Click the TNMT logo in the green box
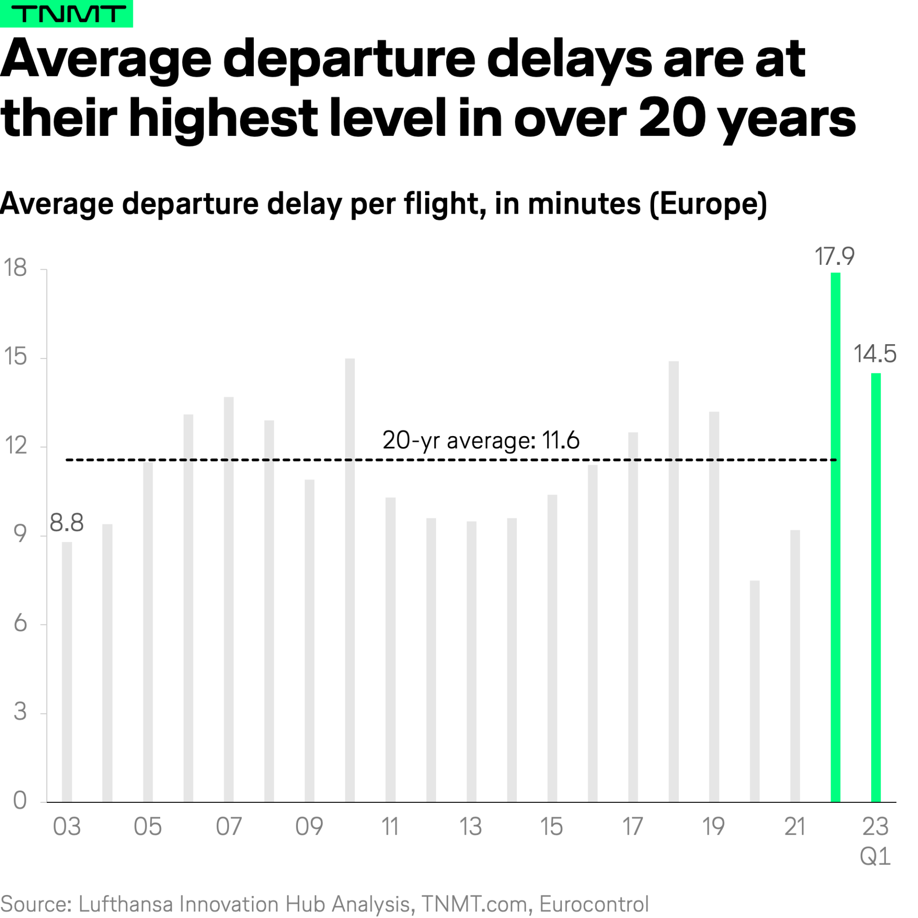[66, 14]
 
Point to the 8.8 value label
[66, 523]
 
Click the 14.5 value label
[874, 354]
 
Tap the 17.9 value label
[834, 257]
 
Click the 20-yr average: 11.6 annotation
[481, 440]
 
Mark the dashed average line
[287, 460]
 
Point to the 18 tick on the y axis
[15, 268]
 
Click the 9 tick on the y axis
[20, 534]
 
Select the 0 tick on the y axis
[20, 800]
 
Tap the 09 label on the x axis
[309, 827]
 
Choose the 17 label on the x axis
[632, 827]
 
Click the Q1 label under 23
[875, 856]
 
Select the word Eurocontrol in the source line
[594, 904]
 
